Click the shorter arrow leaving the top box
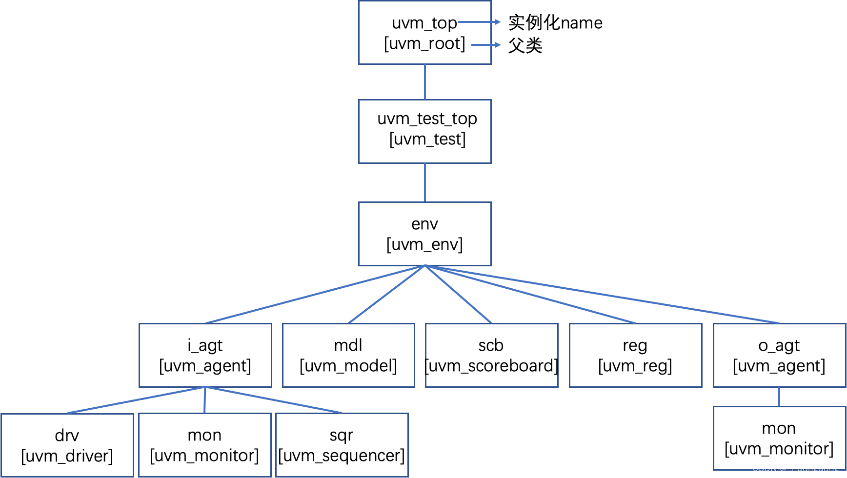coord(485,45)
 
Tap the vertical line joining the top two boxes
coord(425,82)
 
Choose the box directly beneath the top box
coord(425,131)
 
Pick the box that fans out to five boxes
coord(425,234)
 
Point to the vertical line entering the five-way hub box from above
coord(425,182)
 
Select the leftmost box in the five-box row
coord(205,355)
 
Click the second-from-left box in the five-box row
coord(348,355)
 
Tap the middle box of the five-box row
coord(492,355)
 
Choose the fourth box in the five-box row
coord(636,355)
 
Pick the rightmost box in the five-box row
coord(780,355)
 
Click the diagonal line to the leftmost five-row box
coord(315,294)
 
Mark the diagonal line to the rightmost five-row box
coord(603,294)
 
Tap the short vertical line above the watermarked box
coord(779,397)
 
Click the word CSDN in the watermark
coord(764,468)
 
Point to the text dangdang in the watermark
coord(818,468)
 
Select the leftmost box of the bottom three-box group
coord(67,445)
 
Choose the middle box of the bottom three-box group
coord(205,445)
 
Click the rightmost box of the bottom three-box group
coord(342,445)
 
